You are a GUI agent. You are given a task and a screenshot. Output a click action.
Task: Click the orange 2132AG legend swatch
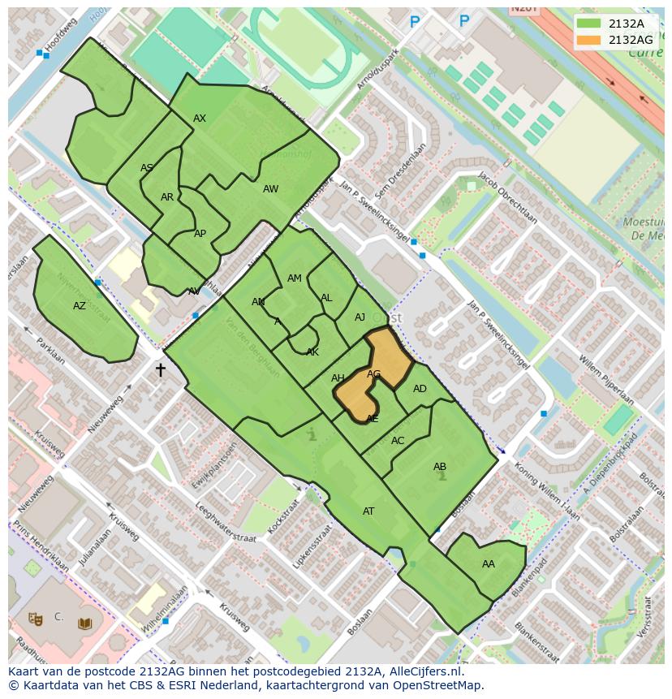click(589, 40)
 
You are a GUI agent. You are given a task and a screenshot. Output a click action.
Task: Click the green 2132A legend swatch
click(589, 24)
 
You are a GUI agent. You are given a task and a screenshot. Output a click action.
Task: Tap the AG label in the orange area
click(373, 374)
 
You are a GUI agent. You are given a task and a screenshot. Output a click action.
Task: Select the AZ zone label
click(80, 306)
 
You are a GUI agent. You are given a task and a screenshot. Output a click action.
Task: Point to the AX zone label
click(200, 119)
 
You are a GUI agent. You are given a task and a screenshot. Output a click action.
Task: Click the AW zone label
click(270, 189)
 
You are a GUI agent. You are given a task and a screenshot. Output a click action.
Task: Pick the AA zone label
click(488, 564)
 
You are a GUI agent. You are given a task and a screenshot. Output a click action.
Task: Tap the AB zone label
click(440, 467)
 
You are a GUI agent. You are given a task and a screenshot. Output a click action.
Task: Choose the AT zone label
click(368, 511)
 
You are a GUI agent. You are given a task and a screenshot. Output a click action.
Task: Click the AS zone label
click(147, 169)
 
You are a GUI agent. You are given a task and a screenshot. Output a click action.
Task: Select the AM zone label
click(295, 278)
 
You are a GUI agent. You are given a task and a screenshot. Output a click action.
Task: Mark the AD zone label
click(420, 389)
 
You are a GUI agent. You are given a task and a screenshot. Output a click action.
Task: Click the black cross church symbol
click(160, 370)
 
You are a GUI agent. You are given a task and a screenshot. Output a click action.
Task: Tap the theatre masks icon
click(35, 618)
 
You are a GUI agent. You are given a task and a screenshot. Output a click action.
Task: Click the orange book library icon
click(84, 623)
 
